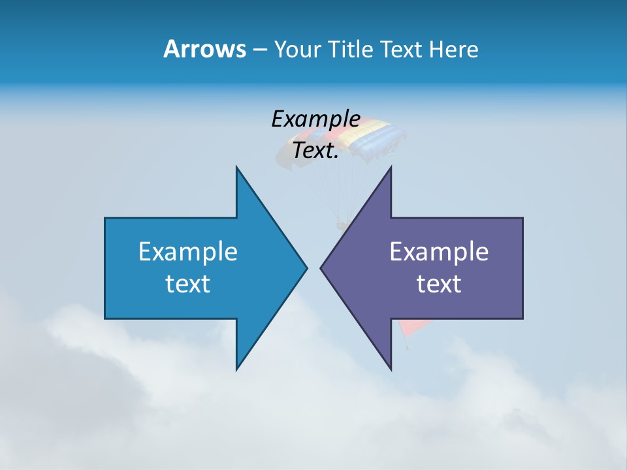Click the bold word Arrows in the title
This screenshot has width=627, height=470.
point(205,49)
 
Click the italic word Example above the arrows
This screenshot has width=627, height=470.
point(315,119)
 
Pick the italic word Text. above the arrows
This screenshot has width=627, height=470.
point(315,150)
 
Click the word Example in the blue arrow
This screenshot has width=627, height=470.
point(188,251)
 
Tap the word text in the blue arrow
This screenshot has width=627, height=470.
point(188,283)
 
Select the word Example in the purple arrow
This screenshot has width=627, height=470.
point(439,251)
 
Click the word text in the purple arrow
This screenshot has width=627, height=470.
point(439,283)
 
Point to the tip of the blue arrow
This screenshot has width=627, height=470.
point(306,268)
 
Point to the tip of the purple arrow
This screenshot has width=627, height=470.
point(321,268)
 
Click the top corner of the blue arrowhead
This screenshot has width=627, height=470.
point(236,168)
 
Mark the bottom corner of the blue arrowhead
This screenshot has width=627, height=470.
point(236,369)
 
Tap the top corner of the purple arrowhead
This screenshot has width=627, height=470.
point(391,168)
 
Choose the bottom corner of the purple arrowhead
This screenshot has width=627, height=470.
point(391,369)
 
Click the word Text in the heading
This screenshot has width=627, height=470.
point(402,50)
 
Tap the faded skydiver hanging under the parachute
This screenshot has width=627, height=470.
point(342,226)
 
